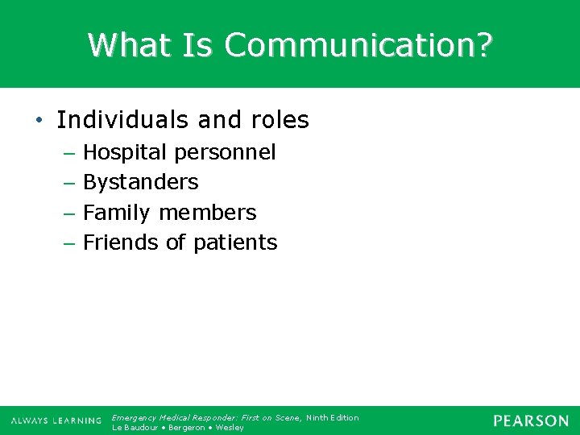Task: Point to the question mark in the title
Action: [x=482, y=45]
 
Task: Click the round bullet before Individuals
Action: [x=39, y=120]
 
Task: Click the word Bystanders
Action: [x=140, y=182]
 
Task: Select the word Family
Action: [x=117, y=213]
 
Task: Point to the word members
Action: [x=207, y=213]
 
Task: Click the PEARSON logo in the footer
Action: [x=530, y=420]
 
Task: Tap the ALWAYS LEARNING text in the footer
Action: [x=56, y=421]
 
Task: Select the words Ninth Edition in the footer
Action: [x=332, y=417]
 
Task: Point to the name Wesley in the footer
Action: [x=229, y=427]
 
